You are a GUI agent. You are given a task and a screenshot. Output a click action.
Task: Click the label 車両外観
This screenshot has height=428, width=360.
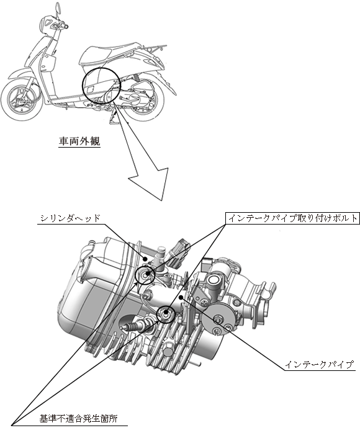(x=79, y=141)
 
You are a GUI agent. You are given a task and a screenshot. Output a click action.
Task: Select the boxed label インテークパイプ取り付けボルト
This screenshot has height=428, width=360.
(x=292, y=218)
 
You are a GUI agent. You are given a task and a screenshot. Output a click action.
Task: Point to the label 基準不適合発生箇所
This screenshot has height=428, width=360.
(x=79, y=419)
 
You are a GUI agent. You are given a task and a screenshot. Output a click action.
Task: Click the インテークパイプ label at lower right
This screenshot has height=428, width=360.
(x=320, y=365)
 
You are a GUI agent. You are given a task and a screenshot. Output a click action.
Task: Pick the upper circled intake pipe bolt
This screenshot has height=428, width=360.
(x=145, y=274)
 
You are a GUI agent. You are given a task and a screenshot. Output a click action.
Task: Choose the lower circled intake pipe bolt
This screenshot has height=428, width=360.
(x=166, y=314)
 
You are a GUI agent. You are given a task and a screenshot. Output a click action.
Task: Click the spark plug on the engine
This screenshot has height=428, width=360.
(x=136, y=326)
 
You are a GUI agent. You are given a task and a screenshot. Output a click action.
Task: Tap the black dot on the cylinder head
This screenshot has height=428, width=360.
(x=146, y=259)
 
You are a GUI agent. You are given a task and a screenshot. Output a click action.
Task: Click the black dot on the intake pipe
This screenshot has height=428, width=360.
(x=181, y=297)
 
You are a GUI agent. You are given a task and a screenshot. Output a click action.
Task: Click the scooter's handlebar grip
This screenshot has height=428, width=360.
(x=65, y=27)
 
